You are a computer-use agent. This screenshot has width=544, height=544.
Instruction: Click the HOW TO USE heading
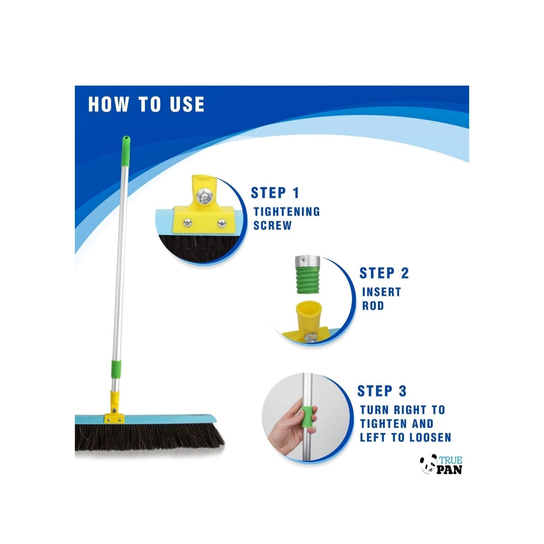tap(146, 104)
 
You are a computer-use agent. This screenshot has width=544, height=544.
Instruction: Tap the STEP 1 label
tap(275, 193)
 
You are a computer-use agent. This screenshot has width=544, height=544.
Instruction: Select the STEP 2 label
tap(384, 273)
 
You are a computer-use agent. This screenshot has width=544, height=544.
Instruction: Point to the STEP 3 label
tap(382, 391)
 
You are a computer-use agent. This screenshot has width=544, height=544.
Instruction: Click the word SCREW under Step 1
tap(272, 226)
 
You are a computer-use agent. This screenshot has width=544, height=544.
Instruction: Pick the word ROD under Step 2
tap(373, 306)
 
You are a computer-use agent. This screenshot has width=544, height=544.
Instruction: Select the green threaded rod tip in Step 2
tap(307, 280)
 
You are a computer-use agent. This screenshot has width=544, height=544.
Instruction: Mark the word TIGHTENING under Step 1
tap(287, 212)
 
